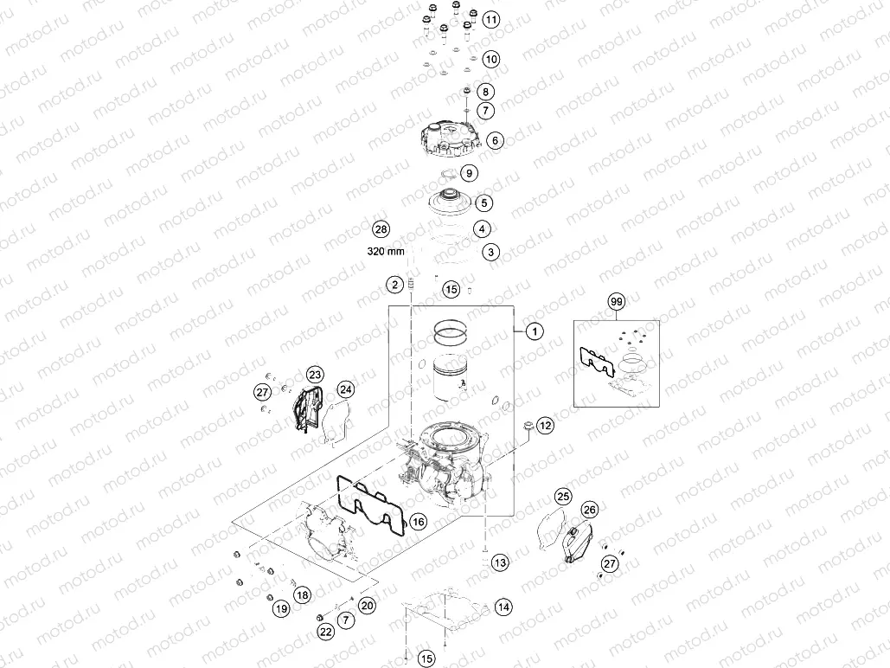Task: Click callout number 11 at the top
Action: (490, 19)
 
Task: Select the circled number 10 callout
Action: (490, 60)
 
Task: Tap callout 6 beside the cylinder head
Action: (495, 139)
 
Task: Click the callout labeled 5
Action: (484, 203)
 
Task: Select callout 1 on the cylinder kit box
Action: (535, 331)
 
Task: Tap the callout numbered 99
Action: (616, 302)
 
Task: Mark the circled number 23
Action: (315, 375)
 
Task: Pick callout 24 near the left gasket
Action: (345, 389)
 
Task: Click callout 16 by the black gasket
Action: (418, 522)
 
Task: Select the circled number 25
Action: (563, 496)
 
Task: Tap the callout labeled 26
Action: (590, 510)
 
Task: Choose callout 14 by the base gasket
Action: (503, 608)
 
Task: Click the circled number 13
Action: (501, 563)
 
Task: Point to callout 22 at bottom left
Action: (325, 633)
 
